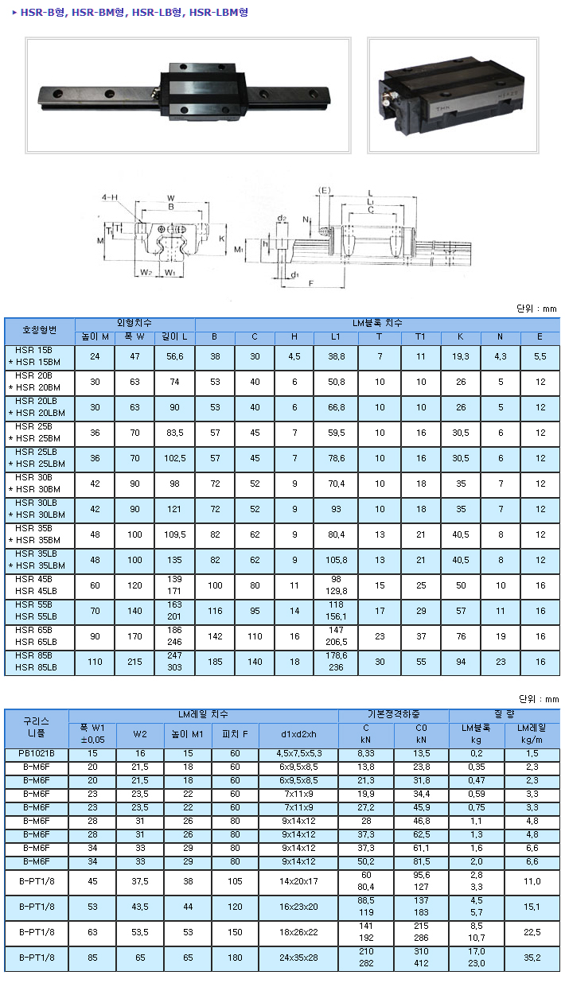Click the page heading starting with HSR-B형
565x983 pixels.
[134, 12]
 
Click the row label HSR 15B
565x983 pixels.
[33, 351]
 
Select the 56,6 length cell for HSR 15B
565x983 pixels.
[175, 357]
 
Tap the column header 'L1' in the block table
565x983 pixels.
[336, 337]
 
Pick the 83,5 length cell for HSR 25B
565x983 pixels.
[175, 433]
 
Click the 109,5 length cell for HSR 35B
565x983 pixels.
[175, 535]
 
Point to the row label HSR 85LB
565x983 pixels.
[36, 667]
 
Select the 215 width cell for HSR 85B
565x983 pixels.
[134, 662]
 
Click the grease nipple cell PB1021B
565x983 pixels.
[37, 753]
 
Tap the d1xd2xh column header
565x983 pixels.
[298, 734]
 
